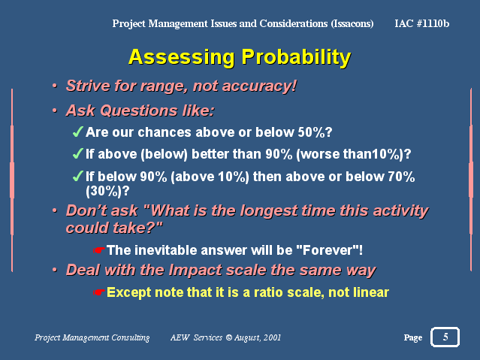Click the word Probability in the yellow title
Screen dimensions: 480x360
click(296, 58)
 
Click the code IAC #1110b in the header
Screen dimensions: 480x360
click(422, 23)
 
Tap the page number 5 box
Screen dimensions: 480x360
click(445, 337)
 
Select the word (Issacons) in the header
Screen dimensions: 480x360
click(352, 23)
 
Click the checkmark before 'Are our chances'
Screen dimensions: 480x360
click(78, 132)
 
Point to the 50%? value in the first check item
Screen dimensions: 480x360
click(315, 132)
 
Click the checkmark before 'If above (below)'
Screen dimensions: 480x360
click(78, 154)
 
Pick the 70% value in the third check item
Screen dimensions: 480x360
click(401, 177)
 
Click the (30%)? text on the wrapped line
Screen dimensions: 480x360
click(107, 191)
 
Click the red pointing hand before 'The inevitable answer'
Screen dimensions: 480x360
click(99, 250)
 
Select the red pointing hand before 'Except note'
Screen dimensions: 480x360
click(99, 292)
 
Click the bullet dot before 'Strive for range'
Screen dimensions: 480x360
click(55, 86)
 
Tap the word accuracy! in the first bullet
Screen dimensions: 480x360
click(260, 86)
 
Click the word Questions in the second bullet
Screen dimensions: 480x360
click(139, 110)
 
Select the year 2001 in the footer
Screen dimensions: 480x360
click(272, 337)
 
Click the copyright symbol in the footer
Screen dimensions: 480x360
click(228, 337)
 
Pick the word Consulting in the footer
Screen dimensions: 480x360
click(131, 338)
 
